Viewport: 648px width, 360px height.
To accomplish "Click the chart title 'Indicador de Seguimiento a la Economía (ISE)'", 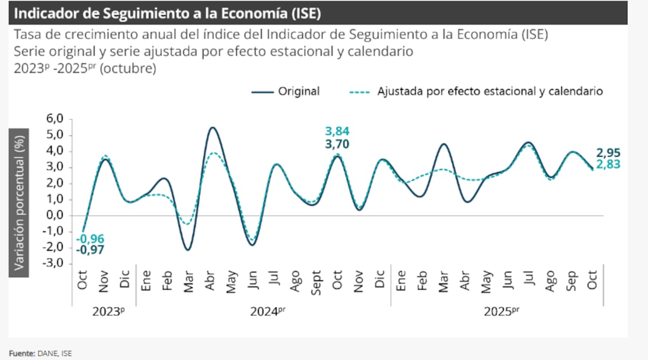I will coord(167,13).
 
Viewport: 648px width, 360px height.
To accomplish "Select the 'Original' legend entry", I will coord(286,92).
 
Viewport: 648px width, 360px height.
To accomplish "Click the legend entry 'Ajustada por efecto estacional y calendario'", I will coord(476,92).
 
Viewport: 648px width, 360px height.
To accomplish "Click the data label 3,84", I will coord(337,132).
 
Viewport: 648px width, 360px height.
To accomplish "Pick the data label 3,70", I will coord(337,145).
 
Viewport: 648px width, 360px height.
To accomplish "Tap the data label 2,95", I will coord(608,153).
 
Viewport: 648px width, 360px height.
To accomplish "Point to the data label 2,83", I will coord(608,164).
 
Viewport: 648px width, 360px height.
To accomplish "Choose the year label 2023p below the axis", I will coord(108,312).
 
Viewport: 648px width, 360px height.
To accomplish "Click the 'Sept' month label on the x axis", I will coord(316,282).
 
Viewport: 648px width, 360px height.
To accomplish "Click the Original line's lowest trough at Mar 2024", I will coord(188,250).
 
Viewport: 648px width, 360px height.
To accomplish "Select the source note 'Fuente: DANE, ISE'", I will coord(40,353).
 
